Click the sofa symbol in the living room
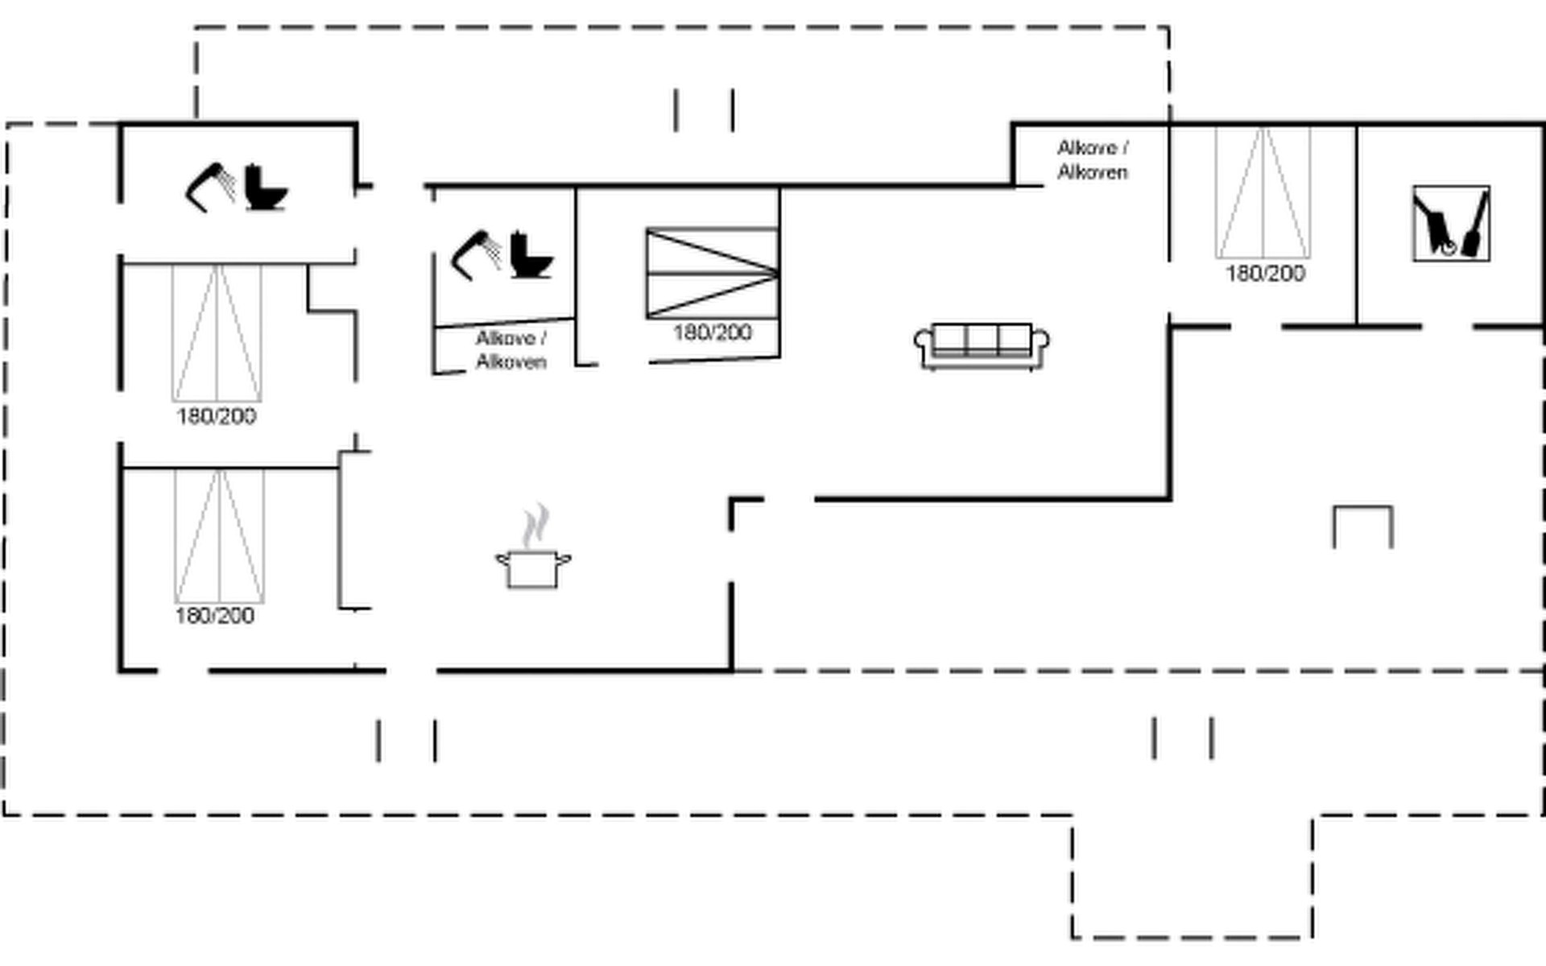pyautogui.click(x=982, y=346)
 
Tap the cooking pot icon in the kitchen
pyautogui.click(x=533, y=568)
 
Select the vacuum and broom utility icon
pyautogui.click(x=1451, y=224)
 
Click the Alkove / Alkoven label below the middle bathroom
pyautogui.click(x=511, y=350)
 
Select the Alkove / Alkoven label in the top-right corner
pyautogui.click(x=1093, y=159)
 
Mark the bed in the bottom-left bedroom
pyautogui.click(x=219, y=536)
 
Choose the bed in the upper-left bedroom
pyautogui.click(x=217, y=333)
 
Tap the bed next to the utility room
pyautogui.click(x=1263, y=193)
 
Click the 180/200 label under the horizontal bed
pyautogui.click(x=713, y=332)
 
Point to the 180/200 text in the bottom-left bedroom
pyautogui.click(x=215, y=616)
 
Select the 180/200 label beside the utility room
pyautogui.click(x=1265, y=274)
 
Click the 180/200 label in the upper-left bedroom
pyautogui.click(x=217, y=416)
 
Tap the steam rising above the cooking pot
pyautogui.click(x=535, y=525)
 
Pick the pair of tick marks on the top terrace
pyautogui.click(x=704, y=110)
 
